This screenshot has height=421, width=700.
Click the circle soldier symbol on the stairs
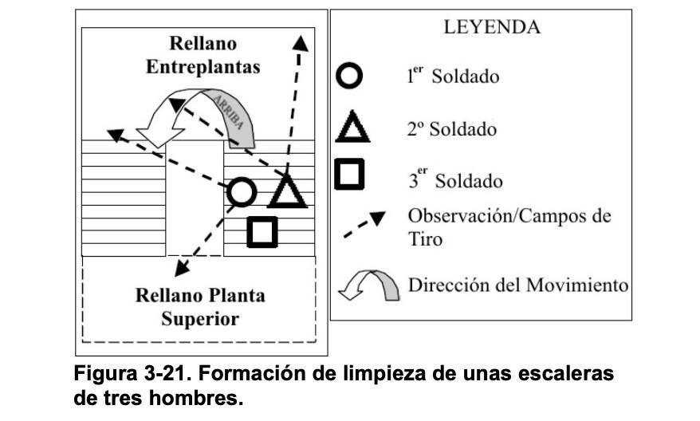(x=242, y=192)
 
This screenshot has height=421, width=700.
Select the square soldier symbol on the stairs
(x=262, y=232)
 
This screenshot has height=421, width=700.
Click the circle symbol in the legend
(x=349, y=76)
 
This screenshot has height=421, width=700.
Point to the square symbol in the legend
(x=349, y=174)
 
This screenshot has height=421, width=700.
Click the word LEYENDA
(x=492, y=27)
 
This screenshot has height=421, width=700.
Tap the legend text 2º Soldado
(x=452, y=129)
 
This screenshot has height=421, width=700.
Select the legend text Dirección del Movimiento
(x=518, y=285)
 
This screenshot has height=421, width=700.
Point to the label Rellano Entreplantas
(x=203, y=55)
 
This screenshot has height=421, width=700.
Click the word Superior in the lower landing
(x=200, y=319)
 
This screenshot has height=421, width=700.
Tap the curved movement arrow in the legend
(x=369, y=285)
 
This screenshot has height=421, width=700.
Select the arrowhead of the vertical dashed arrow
(x=300, y=43)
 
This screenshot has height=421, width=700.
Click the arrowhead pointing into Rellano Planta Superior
(x=181, y=269)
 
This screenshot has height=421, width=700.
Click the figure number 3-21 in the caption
(x=165, y=373)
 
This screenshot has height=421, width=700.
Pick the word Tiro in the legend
(x=425, y=239)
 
